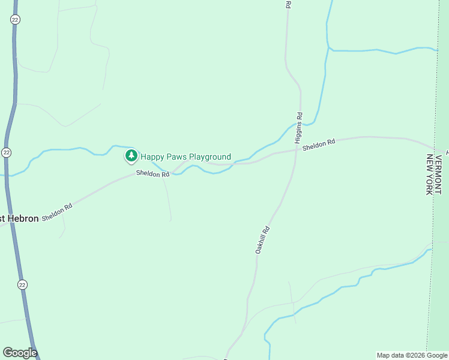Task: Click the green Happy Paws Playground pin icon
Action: point(131,156)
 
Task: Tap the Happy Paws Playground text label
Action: point(185,157)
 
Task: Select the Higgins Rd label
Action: point(298,127)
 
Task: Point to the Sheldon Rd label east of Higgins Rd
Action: point(318,145)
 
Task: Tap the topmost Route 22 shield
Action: point(15,20)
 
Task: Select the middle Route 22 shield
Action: point(6,152)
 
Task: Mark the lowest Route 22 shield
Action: point(22,284)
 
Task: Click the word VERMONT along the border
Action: point(439,174)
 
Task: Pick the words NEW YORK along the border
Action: point(429,174)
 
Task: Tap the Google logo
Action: point(20,352)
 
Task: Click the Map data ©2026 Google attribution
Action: point(412,355)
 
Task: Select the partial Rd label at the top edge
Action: point(288,4)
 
